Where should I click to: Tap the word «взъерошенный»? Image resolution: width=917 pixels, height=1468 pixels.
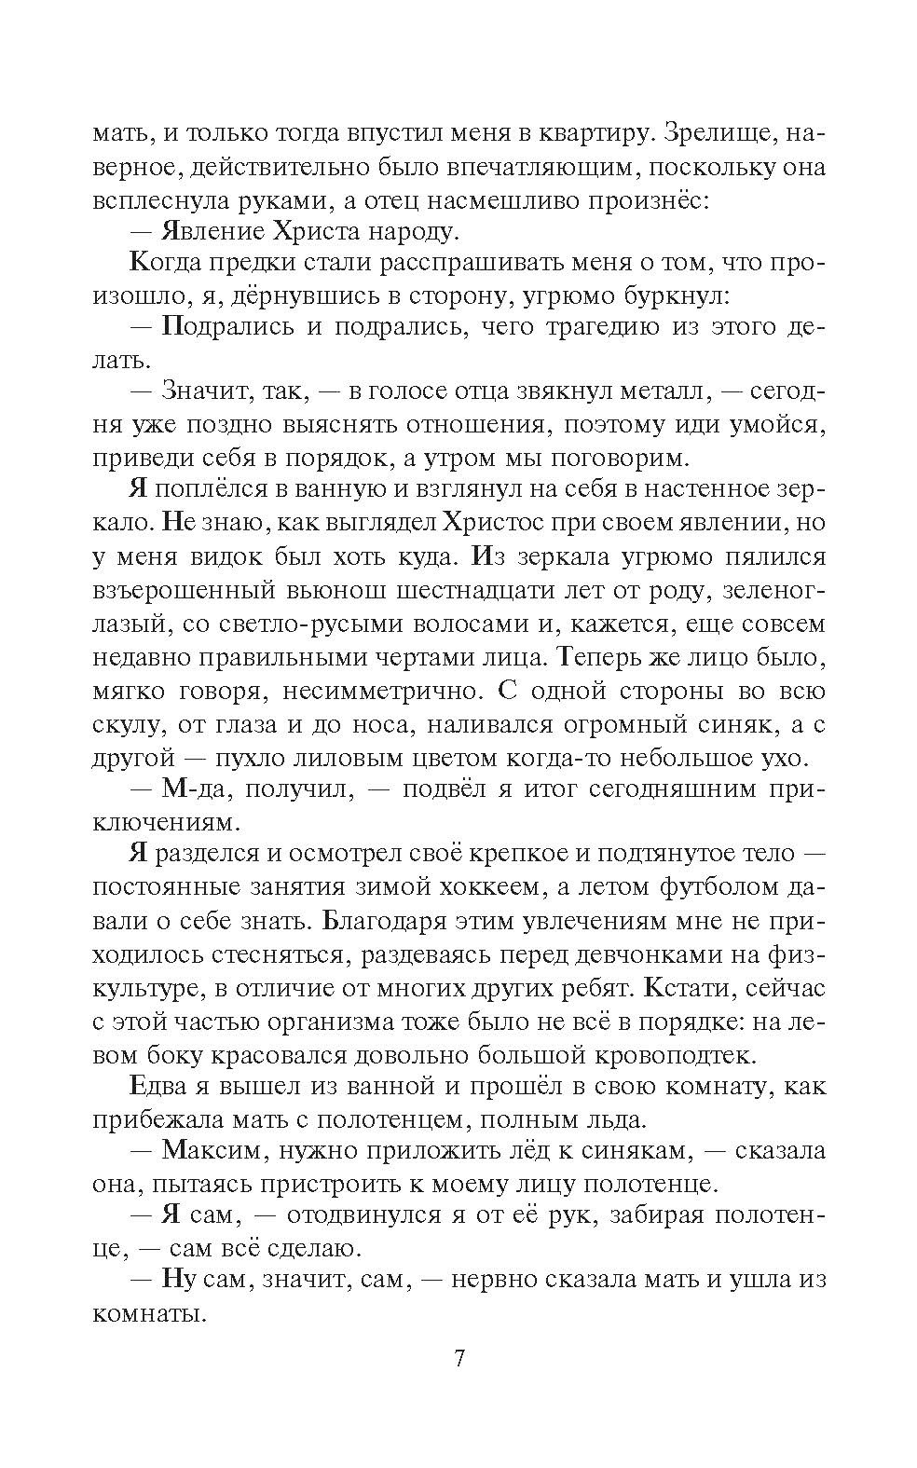click(185, 591)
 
